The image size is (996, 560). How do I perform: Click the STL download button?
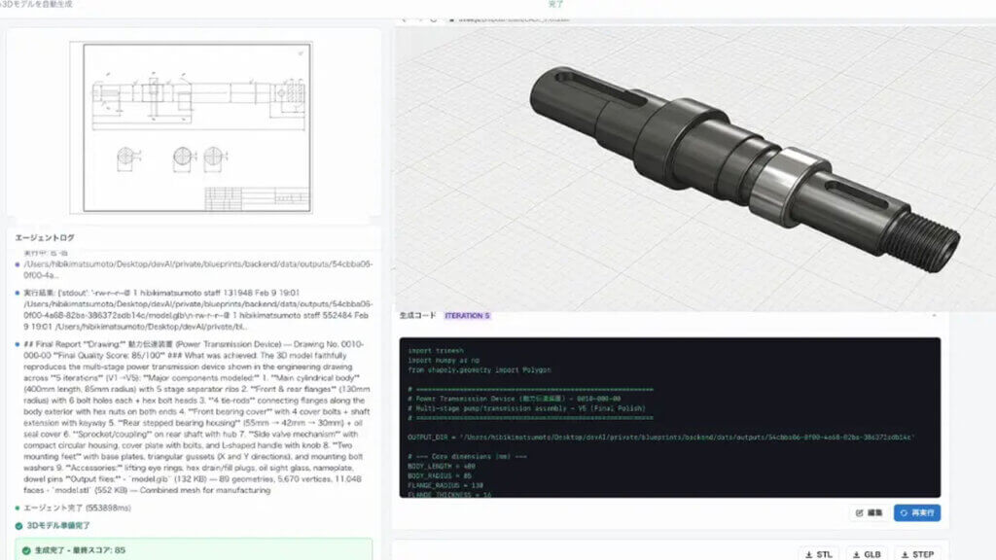click(816, 553)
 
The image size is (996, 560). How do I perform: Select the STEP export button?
click(915, 553)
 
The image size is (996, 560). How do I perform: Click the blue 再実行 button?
click(917, 512)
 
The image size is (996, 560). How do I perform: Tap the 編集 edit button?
click(869, 512)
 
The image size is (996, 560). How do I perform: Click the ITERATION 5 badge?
click(468, 316)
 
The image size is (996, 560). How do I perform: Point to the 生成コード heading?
click(418, 316)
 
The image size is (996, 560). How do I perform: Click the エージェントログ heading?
click(45, 237)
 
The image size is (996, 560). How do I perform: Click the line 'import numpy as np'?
click(446, 360)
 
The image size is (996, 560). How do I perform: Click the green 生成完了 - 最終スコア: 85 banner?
click(78, 549)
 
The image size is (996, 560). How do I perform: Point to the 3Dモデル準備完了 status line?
click(64, 525)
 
